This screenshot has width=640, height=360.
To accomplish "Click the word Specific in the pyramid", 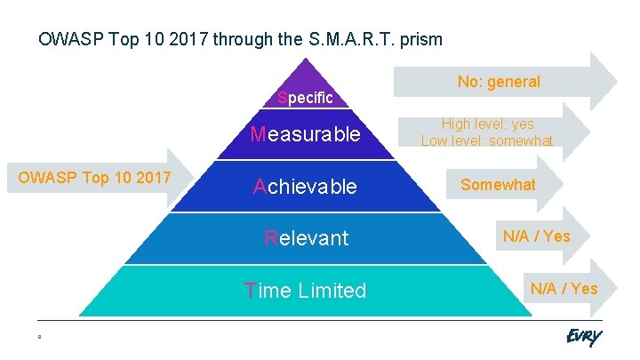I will [x=305, y=98].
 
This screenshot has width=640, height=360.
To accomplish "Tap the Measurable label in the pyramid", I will [x=305, y=135].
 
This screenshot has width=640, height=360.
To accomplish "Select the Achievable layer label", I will [x=305, y=187].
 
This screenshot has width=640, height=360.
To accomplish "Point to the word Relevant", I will [x=306, y=238].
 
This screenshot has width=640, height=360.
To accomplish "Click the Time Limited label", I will [x=305, y=291].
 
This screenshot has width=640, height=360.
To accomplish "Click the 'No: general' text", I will [x=499, y=82].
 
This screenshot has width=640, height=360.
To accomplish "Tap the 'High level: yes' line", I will [x=487, y=124].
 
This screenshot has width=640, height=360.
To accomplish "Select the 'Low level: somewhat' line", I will [x=487, y=140].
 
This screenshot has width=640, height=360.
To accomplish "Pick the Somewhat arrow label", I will [x=498, y=185].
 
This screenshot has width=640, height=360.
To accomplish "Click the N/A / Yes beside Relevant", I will [x=536, y=236].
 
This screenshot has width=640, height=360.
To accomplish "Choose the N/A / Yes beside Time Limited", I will [x=564, y=288].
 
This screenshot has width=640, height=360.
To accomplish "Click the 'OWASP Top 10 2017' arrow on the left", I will [x=94, y=178].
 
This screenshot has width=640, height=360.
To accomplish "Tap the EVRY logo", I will [x=583, y=338].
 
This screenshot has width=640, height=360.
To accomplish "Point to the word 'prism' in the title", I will [x=422, y=40].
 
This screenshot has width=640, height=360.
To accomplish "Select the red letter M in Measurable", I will [x=258, y=135].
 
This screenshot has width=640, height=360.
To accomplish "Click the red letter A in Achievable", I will [x=260, y=187].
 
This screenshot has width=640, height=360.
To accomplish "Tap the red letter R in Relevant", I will [x=271, y=238].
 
